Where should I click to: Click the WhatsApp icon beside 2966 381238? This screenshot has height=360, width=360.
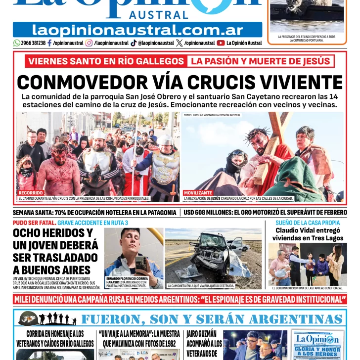click(17, 43)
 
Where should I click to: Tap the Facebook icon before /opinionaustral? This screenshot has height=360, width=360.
click(49, 43)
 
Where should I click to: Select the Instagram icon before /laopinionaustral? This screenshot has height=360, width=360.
click(89, 43)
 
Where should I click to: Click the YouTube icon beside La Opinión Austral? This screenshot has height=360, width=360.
click(221, 43)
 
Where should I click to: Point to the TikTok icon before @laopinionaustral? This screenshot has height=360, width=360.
click(134, 43)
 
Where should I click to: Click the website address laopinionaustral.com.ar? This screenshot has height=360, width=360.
click(137, 30)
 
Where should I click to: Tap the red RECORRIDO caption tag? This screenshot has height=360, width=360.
click(31, 193)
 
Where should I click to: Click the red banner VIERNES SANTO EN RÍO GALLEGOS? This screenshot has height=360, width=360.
click(106, 61)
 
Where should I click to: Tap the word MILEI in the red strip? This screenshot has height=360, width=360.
click(25, 300)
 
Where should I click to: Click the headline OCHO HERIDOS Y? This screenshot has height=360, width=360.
click(53, 233)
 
